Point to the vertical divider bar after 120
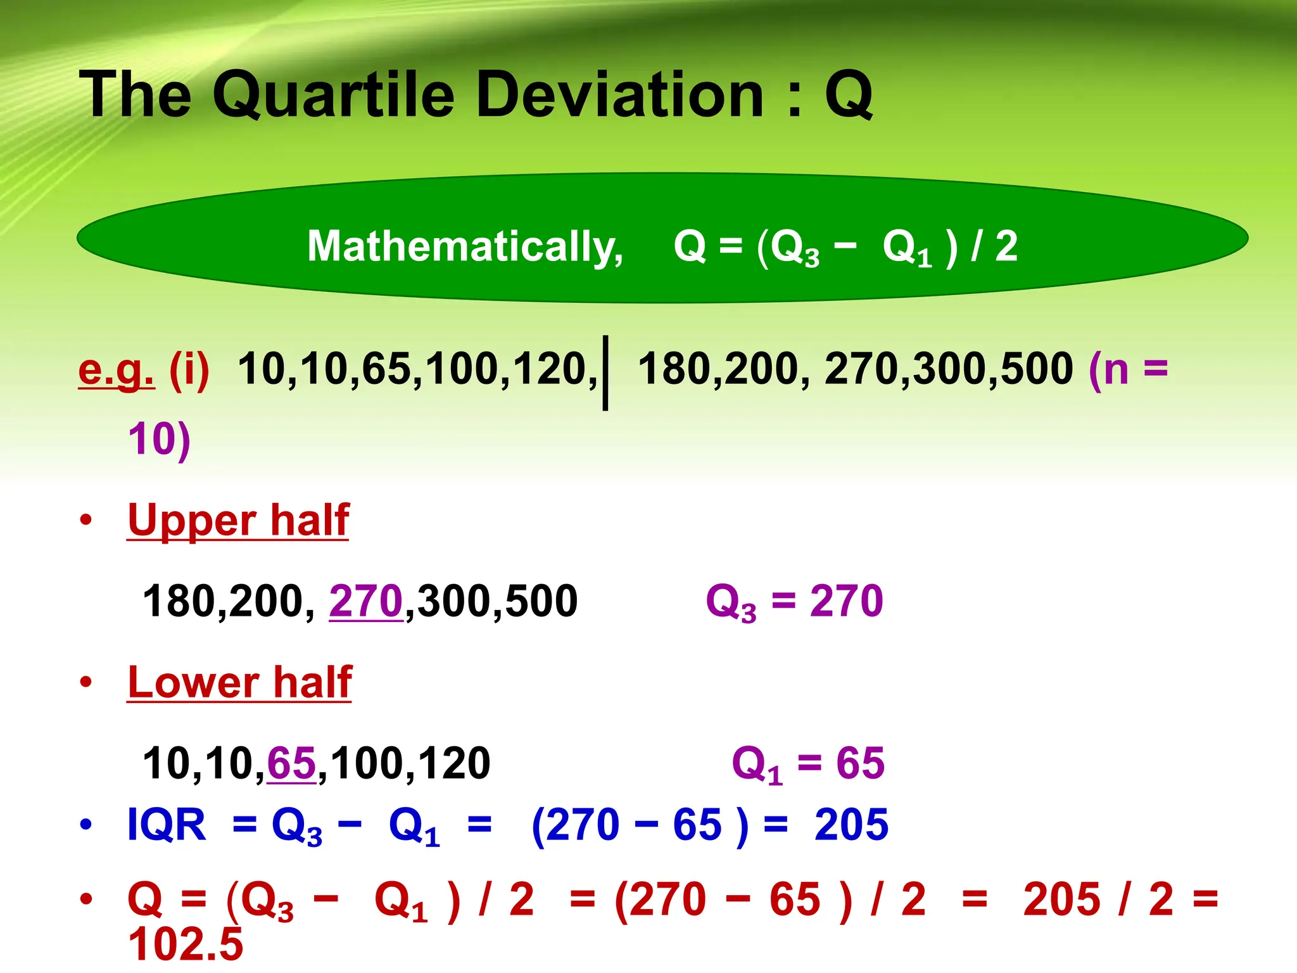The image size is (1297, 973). pyautogui.click(x=605, y=372)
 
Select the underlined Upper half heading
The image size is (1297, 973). pyautogui.click(x=238, y=521)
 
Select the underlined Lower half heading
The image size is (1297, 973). pyautogui.click(x=239, y=683)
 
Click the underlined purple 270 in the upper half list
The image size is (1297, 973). pyautogui.click(x=366, y=601)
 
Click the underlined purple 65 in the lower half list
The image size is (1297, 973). pyautogui.click(x=291, y=763)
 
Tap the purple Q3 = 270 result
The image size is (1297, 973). pyautogui.click(x=794, y=601)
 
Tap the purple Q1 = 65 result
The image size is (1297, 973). pyautogui.click(x=807, y=763)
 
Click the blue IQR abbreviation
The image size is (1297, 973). pyautogui.click(x=167, y=825)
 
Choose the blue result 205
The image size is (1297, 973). pyautogui.click(x=851, y=825)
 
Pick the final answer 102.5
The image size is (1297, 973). pyautogui.click(x=186, y=944)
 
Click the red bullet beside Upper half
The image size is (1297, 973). pyautogui.click(x=86, y=521)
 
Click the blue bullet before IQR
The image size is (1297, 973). pyautogui.click(x=86, y=825)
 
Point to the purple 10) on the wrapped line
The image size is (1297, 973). pyautogui.click(x=159, y=440)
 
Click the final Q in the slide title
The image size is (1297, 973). pyautogui.click(x=849, y=95)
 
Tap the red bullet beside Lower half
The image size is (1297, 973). pyautogui.click(x=86, y=683)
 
